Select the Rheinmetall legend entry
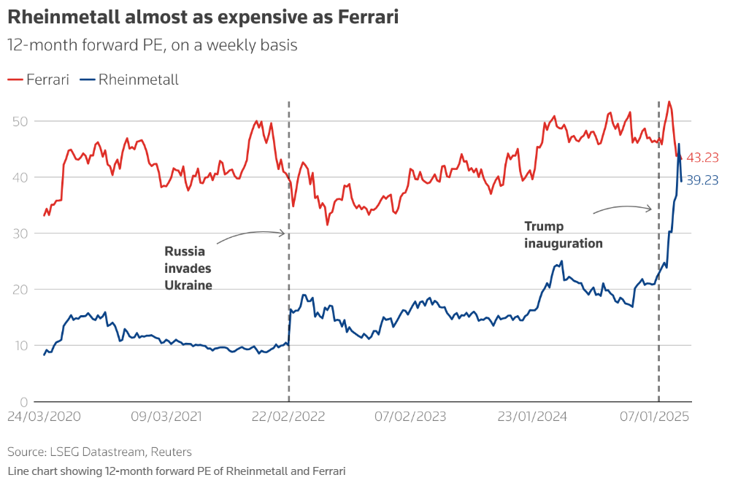click(x=129, y=80)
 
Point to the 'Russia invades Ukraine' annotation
click(x=188, y=268)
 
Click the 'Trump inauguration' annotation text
click(x=563, y=235)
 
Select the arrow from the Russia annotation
click(x=250, y=235)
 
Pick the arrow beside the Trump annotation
click(x=622, y=209)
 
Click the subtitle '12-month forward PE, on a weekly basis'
click(x=153, y=45)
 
